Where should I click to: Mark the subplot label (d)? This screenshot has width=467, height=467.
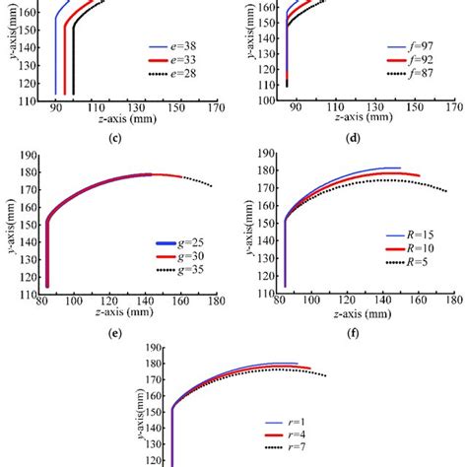tap(354, 136)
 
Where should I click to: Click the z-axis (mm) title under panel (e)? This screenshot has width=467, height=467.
tap(115, 313)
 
